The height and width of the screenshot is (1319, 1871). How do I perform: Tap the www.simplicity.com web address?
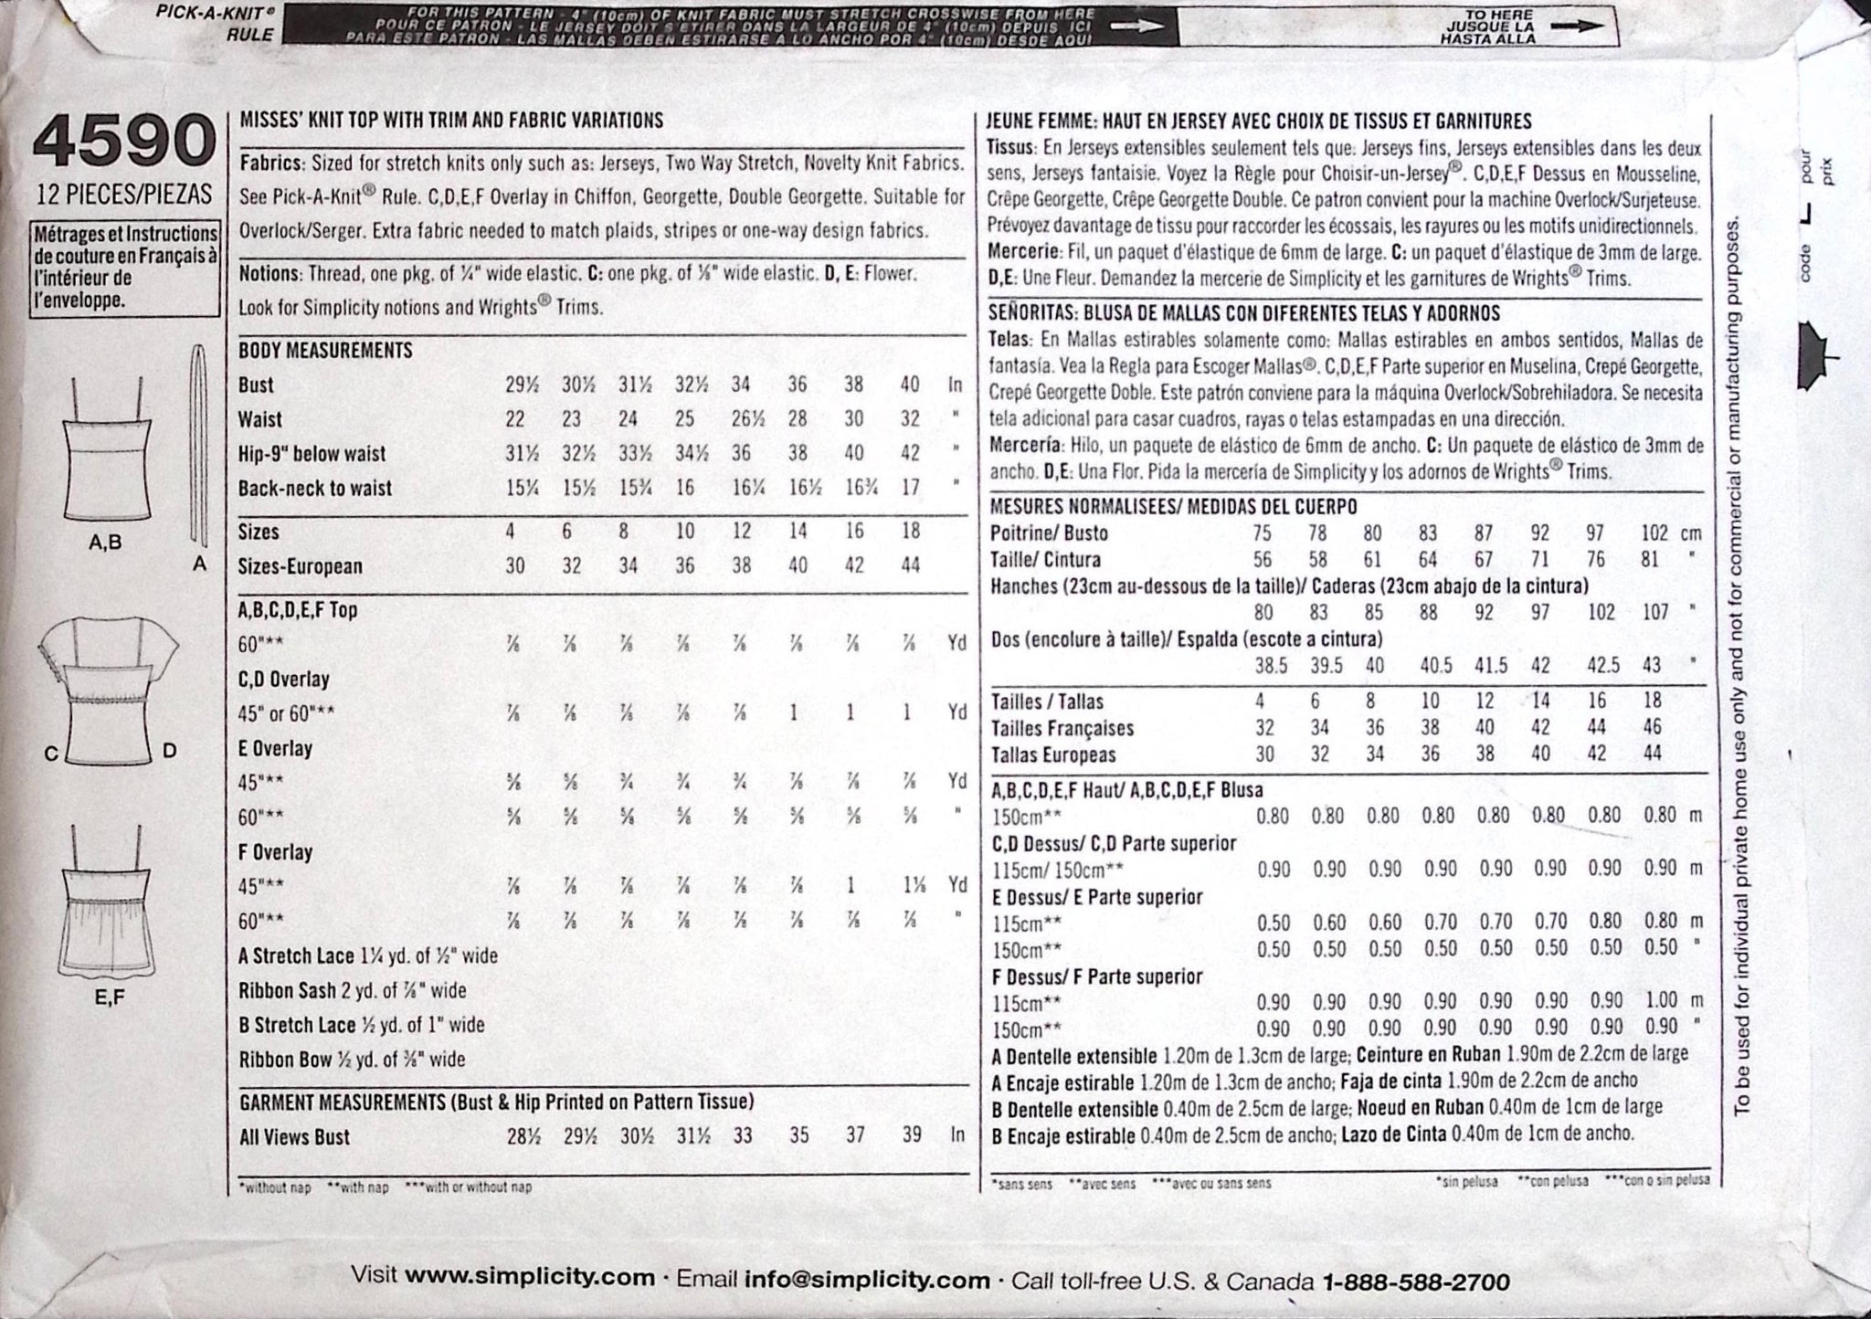[530, 1277]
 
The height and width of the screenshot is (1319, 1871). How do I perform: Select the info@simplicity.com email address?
[868, 1279]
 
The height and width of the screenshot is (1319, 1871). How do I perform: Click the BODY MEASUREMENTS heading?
[325, 351]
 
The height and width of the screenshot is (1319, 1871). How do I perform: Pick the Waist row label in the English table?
[260, 419]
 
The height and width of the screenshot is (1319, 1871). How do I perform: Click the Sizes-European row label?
[301, 566]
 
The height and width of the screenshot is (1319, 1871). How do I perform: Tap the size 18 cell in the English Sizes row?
[910, 532]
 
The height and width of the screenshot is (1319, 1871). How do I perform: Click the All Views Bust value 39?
[910, 1137]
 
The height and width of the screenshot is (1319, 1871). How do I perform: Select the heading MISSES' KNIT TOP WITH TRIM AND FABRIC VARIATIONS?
[450, 121]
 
